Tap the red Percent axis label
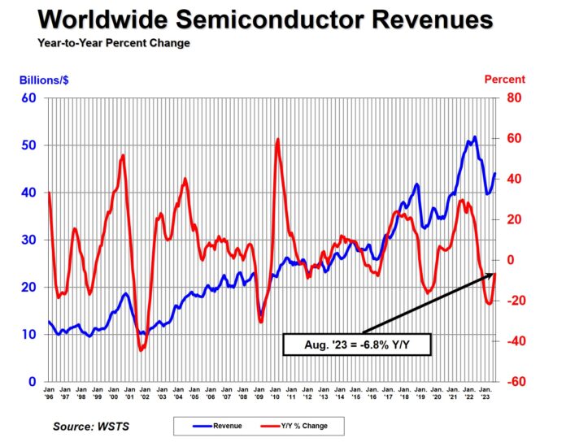point(504,80)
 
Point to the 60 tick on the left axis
point(31,98)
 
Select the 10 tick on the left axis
point(31,335)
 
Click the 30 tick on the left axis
point(31,240)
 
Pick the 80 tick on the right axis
point(515,98)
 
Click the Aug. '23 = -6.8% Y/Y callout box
point(357,344)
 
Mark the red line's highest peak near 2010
point(278,140)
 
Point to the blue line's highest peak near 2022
point(474,136)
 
